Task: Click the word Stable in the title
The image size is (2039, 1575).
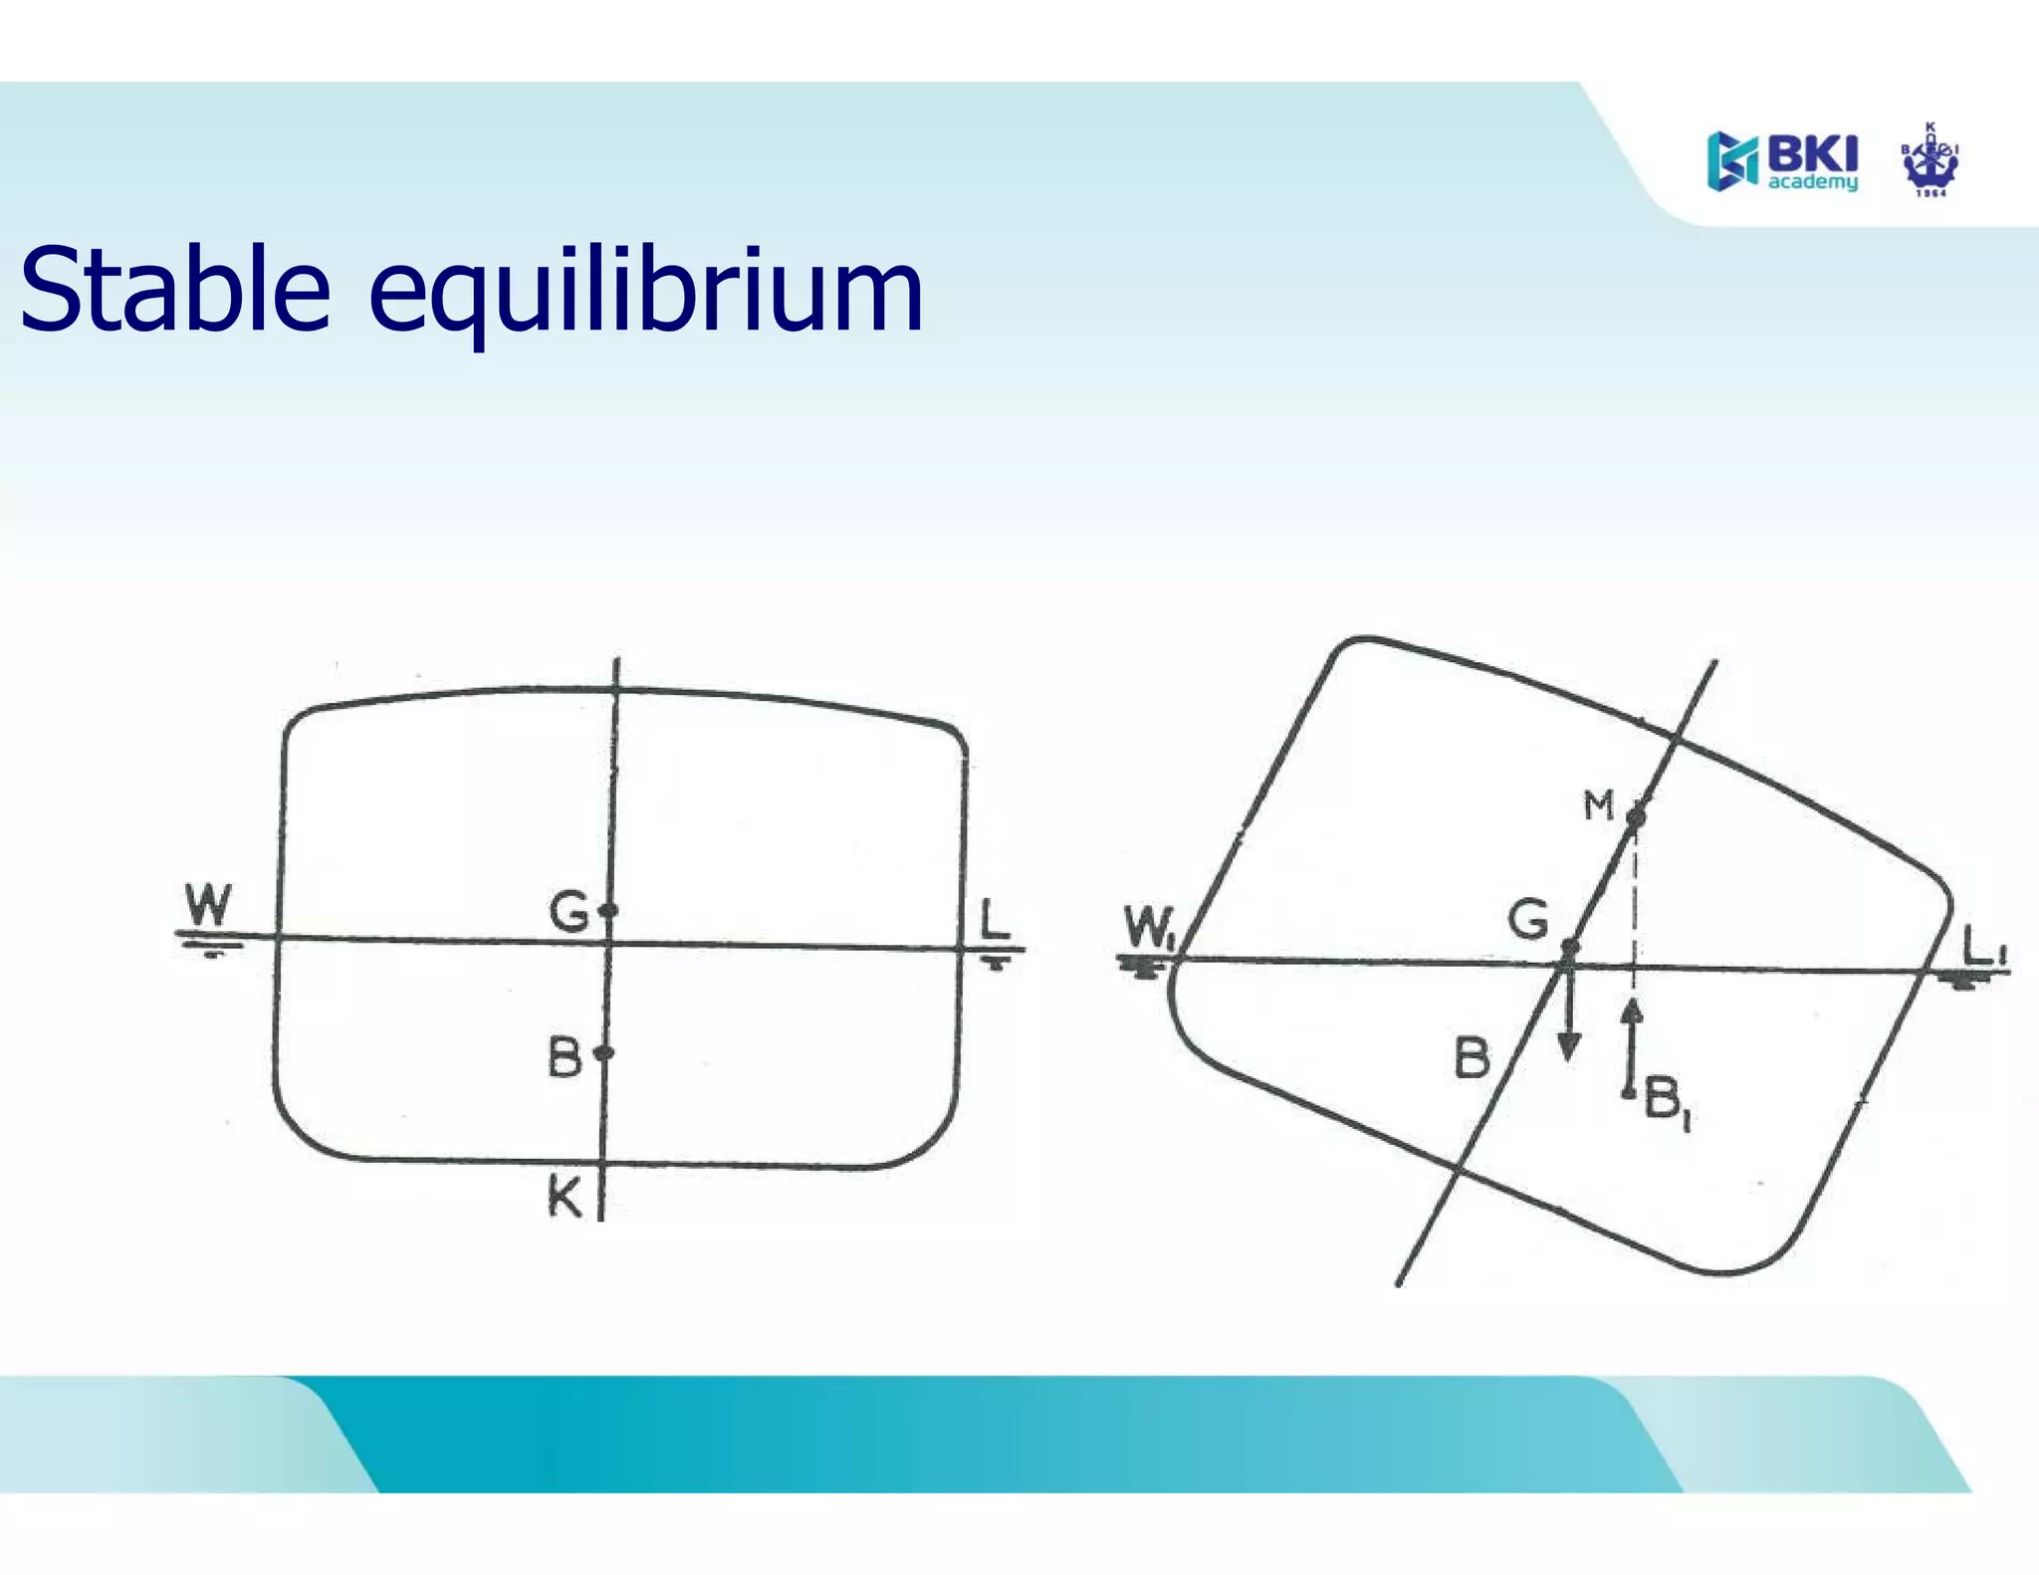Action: (175, 290)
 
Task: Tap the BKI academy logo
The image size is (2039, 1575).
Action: (1781, 161)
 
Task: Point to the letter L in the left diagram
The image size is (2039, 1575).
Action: (994, 919)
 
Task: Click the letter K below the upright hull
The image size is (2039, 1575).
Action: (565, 1197)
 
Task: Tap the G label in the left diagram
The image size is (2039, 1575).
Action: (569, 911)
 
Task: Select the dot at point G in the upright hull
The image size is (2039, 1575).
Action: (610, 910)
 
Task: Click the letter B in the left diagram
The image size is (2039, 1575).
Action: (565, 1057)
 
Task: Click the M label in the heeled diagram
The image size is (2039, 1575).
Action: (1598, 804)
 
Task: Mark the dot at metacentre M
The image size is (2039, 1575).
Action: (1635, 817)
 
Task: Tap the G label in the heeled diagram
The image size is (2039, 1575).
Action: (1528, 919)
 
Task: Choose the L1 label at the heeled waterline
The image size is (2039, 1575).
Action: (1984, 946)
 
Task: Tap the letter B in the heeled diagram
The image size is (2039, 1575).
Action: (1473, 1057)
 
